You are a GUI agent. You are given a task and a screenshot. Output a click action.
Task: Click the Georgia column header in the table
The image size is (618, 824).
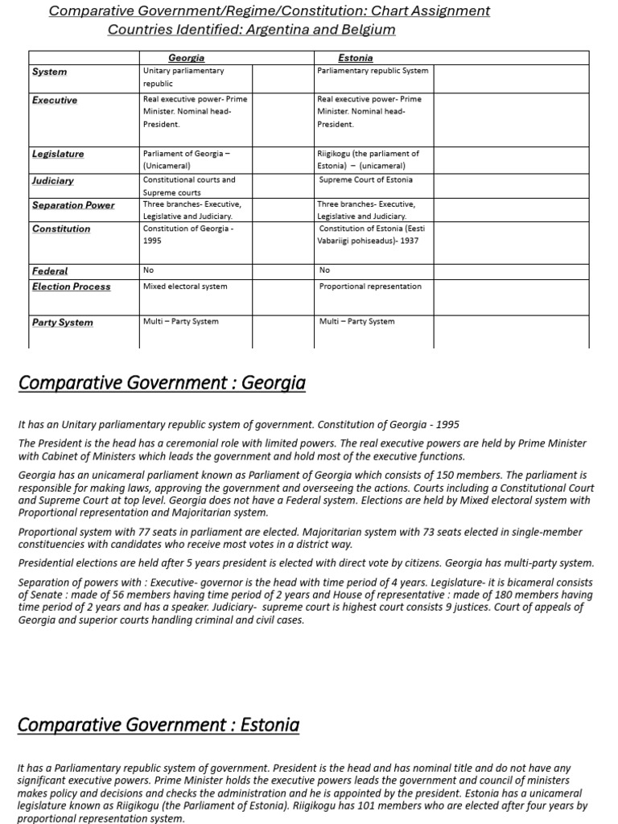[x=186, y=58]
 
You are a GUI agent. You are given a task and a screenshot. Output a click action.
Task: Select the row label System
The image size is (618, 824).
[x=49, y=72]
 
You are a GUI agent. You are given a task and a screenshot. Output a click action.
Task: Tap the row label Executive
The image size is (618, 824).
[x=55, y=101]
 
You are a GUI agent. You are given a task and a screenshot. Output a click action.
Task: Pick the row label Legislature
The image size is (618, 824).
[x=58, y=154]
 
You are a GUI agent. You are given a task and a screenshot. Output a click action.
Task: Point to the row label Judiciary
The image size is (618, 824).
[x=53, y=181]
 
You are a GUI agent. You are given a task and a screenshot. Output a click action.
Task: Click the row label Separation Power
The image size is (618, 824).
[x=73, y=205]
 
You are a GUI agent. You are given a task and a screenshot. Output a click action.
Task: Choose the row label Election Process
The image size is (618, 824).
[x=71, y=286]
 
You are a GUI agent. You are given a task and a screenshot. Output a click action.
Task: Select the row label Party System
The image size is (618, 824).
[x=62, y=323]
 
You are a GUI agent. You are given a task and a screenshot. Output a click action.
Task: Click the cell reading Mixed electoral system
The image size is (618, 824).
[x=185, y=286]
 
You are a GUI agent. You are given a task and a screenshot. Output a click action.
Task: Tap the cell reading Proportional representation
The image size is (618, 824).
[x=370, y=286]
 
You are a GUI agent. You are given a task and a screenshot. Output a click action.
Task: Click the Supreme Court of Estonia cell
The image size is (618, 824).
[x=365, y=179]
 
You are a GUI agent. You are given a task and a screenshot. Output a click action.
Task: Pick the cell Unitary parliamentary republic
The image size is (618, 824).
[x=183, y=76]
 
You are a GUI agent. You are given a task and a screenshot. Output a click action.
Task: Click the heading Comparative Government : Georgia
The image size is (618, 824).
[x=161, y=383]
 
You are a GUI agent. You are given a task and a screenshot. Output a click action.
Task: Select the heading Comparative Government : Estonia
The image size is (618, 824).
[x=158, y=725]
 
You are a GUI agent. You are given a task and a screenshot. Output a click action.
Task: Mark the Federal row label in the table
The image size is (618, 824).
[x=50, y=271]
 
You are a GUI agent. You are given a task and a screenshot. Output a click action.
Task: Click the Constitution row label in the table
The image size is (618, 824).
[x=61, y=229]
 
